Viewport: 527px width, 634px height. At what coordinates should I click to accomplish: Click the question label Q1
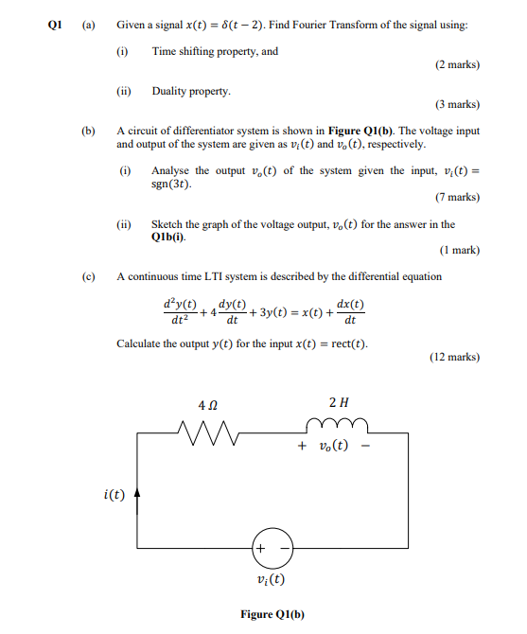[x=56, y=26]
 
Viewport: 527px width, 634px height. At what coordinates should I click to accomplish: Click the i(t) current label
[x=114, y=493]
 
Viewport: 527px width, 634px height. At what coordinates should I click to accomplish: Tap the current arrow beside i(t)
[x=138, y=493]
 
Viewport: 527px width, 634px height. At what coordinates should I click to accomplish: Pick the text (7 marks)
[x=457, y=197]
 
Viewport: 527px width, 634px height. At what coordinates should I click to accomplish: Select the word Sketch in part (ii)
[x=167, y=224]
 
